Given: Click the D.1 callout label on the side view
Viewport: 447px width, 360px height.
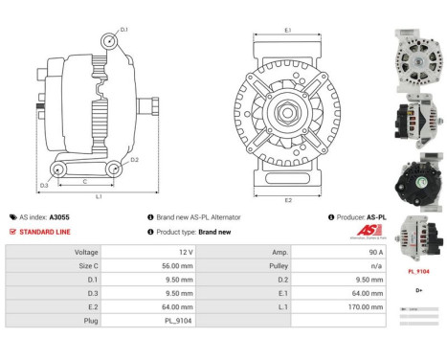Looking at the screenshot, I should click(x=123, y=30).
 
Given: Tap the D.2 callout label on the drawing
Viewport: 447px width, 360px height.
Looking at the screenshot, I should click(x=134, y=160).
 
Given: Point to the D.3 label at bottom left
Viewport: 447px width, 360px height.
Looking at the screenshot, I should click(x=44, y=185).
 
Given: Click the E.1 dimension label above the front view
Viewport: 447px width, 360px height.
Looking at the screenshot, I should click(x=288, y=31).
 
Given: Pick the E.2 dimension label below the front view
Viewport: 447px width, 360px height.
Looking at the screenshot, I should click(x=288, y=201).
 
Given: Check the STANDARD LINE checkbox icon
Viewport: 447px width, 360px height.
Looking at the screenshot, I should click(x=12, y=232).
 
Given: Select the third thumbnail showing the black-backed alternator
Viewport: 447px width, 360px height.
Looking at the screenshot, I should click(x=418, y=181).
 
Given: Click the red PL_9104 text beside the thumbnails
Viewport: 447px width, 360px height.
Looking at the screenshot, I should click(x=418, y=272).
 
